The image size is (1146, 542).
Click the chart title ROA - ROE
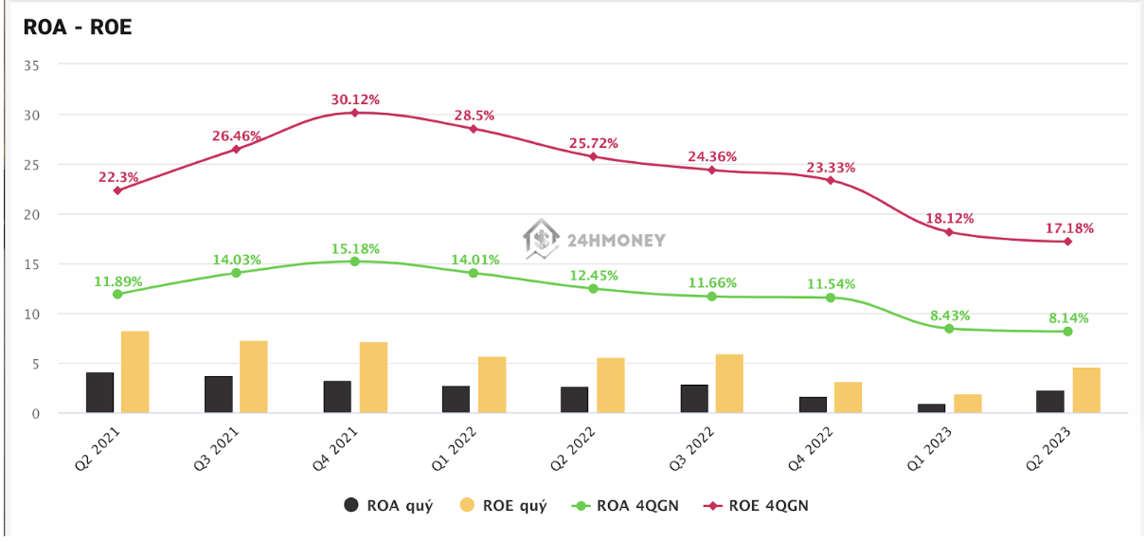click(x=78, y=27)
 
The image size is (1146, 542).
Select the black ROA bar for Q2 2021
click(x=99, y=392)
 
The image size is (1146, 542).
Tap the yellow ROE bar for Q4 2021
click(x=373, y=377)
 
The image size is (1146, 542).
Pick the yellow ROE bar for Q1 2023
click(x=967, y=403)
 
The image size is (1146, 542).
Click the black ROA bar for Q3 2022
click(x=694, y=398)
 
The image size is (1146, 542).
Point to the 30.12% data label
click(x=355, y=99)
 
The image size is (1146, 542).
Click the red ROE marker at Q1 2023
click(x=949, y=232)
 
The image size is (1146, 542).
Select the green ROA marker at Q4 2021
click(x=355, y=262)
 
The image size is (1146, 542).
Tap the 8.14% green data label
click(x=1067, y=318)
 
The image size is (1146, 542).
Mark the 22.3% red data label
click(x=117, y=177)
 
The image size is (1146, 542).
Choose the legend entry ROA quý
click(x=388, y=505)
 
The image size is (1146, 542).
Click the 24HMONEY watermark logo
click(x=596, y=240)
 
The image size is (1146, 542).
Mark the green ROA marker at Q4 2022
click(x=831, y=298)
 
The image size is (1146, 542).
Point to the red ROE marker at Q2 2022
click(x=593, y=156)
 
